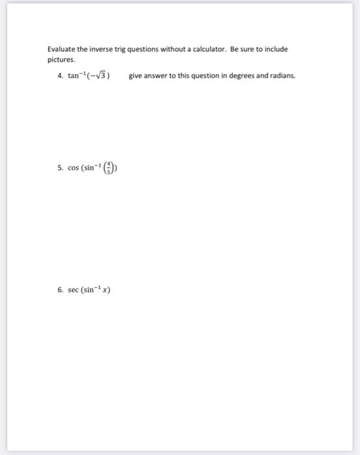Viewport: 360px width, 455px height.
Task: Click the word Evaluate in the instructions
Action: (x=60, y=49)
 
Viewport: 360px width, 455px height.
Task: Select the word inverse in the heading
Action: (x=98, y=49)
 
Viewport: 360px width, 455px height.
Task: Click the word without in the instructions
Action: (x=173, y=49)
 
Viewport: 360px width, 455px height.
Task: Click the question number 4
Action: (x=60, y=76)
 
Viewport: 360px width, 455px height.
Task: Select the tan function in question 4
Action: (x=73, y=76)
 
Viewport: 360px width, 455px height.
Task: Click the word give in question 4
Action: (x=135, y=76)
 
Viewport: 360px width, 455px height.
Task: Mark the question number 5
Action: (x=60, y=168)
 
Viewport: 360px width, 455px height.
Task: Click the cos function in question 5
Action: (x=73, y=168)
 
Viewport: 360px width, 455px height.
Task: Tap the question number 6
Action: (x=60, y=290)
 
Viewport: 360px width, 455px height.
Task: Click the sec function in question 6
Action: (x=73, y=290)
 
